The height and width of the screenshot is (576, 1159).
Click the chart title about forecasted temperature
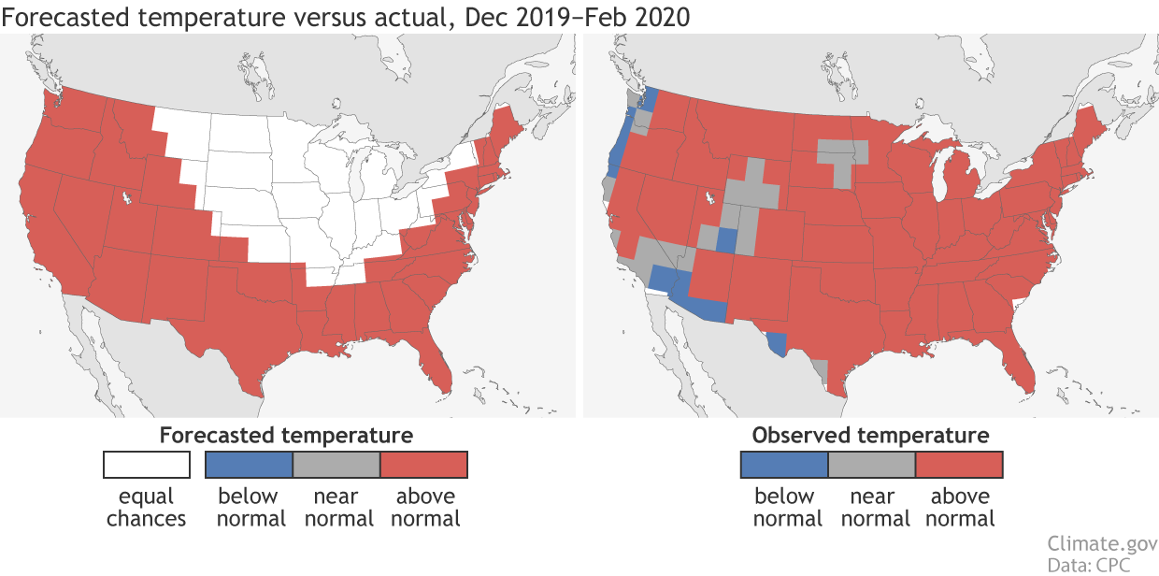point(347,17)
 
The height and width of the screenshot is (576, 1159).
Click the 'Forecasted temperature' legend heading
point(286,435)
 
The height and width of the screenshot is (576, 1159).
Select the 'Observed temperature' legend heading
point(870,435)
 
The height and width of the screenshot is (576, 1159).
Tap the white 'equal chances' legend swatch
point(147,465)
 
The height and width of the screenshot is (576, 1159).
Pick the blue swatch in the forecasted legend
point(250,465)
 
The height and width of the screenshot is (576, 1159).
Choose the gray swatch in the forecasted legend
point(336,465)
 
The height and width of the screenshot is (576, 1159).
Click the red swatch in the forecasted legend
point(423,465)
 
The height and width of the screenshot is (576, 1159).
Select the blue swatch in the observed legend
point(784,465)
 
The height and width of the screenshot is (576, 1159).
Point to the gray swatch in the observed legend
point(871,465)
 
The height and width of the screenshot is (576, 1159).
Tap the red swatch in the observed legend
point(959,465)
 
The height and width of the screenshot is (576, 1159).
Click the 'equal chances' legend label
point(147,507)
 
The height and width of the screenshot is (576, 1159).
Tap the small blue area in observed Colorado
point(726,239)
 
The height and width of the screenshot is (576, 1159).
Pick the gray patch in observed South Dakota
point(842,159)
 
